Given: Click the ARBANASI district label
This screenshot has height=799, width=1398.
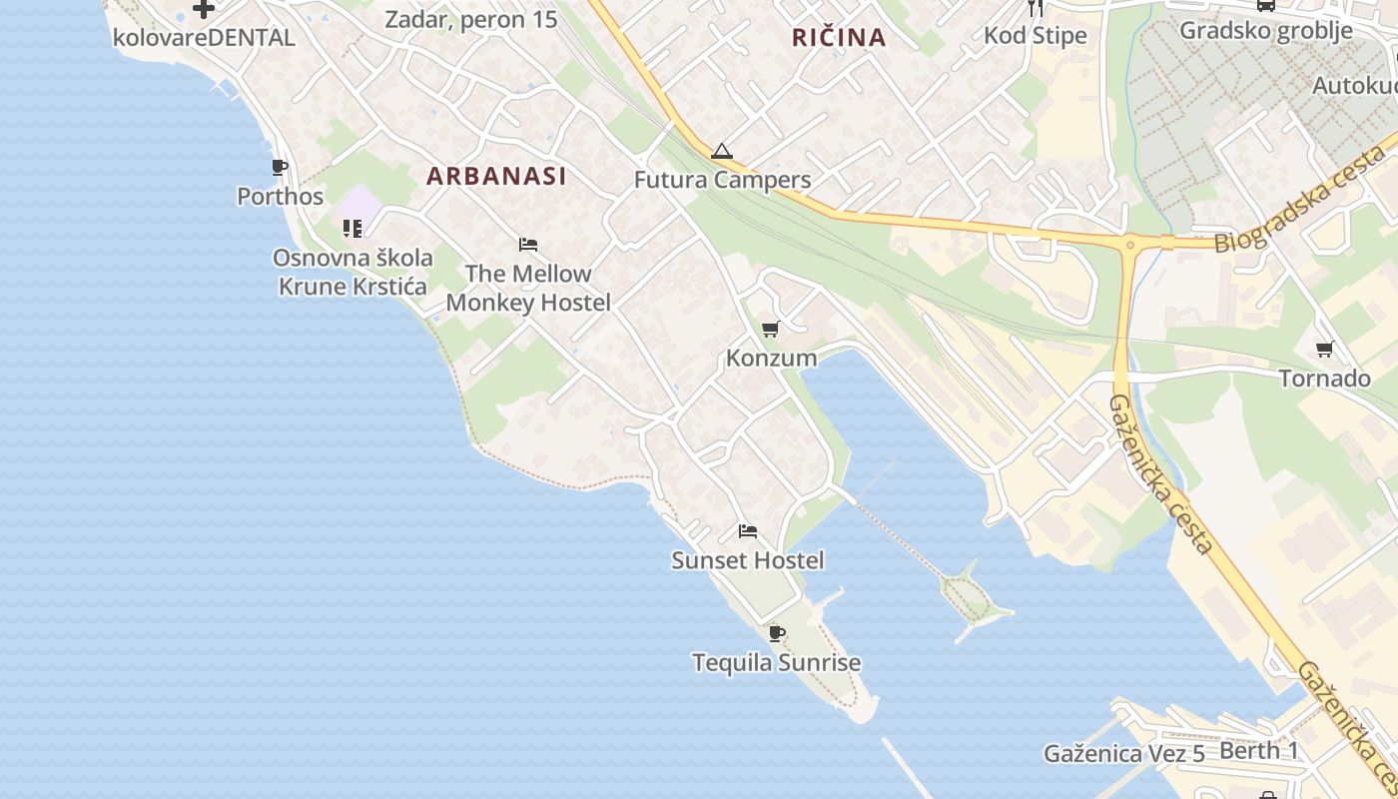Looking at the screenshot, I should [496, 176].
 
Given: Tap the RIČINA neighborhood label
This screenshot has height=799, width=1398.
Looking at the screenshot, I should [839, 38].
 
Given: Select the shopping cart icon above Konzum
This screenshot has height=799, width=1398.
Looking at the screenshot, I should [770, 329].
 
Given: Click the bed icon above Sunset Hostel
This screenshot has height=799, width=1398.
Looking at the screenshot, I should [748, 531].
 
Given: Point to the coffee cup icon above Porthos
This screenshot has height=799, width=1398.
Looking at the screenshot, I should [280, 167].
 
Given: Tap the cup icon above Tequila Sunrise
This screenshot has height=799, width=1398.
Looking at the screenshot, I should [777, 633].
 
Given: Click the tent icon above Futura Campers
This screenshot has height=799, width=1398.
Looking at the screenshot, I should [722, 152].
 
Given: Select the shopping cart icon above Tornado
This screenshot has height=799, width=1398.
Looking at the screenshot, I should [1324, 349].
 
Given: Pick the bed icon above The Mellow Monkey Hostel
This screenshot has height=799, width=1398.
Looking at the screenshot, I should [528, 245].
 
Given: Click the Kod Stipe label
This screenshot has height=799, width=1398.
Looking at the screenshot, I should [1036, 36].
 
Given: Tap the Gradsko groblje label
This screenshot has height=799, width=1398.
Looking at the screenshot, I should [1266, 30].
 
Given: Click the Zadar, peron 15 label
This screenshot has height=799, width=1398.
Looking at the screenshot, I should [471, 19].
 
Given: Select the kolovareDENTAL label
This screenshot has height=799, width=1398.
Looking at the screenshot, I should [204, 38].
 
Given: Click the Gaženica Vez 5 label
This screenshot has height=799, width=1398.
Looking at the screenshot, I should [1124, 754].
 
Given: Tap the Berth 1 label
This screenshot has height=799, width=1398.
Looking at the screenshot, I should [1259, 751].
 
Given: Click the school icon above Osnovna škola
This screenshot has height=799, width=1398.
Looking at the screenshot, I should [351, 229].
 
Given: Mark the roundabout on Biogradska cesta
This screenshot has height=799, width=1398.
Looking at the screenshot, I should [1131, 243].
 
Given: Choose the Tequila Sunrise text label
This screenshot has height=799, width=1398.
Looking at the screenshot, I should [777, 662].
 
